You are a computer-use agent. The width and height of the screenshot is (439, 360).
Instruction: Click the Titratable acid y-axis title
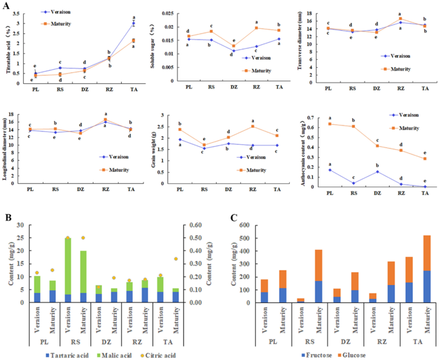point(8,48)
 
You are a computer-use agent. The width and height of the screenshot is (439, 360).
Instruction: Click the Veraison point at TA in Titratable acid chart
point(133,24)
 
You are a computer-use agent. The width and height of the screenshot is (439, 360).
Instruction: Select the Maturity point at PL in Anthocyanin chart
point(329,124)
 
